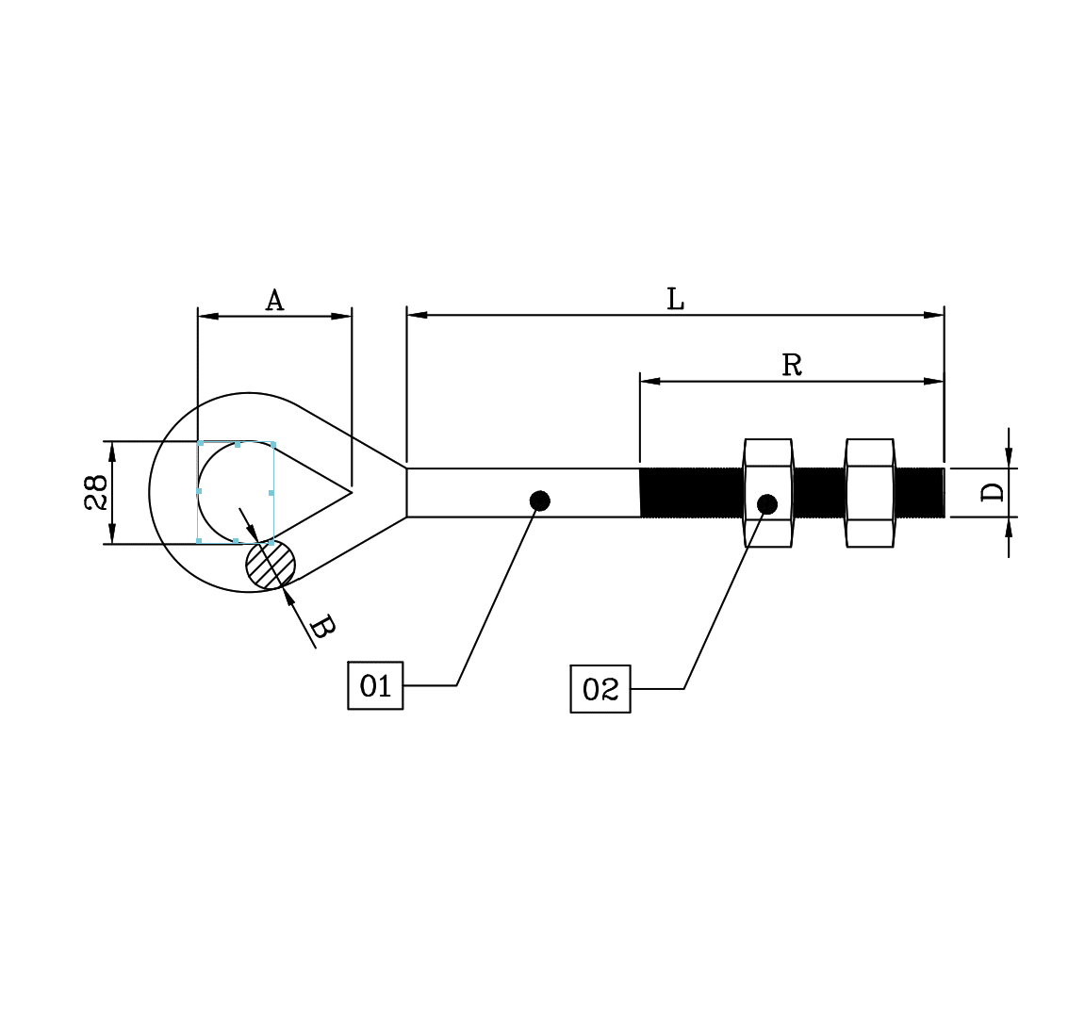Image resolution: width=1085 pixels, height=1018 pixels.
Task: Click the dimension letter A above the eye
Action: pos(273,301)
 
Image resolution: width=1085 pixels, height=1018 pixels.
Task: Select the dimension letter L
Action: pos(675,300)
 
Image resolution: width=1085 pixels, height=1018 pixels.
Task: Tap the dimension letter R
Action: pos(792,365)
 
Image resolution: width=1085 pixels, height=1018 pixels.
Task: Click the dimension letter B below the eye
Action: pos(321,626)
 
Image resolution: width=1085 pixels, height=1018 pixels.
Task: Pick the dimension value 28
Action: pos(96,492)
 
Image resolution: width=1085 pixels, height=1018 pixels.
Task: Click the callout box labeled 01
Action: pos(375,685)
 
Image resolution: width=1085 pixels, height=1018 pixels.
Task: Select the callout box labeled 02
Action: pos(600,689)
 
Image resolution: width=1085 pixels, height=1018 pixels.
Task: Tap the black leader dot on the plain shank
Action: pos(539,501)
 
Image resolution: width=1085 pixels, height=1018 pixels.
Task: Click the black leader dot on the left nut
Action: pos(767,504)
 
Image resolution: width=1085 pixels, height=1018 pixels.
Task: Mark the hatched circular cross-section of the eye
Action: pos(271,565)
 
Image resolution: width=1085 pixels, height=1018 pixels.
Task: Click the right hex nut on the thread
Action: pos(869,492)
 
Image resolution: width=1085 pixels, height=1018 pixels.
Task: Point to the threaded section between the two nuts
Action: pos(818,492)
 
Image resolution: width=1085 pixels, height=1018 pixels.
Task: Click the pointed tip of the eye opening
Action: pos(351,491)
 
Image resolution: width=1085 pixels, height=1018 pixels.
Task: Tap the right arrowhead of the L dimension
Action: pos(934,315)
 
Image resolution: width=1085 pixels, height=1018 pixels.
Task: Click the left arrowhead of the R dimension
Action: pos(649,382)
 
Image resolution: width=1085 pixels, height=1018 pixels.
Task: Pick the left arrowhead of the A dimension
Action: pos(207,316)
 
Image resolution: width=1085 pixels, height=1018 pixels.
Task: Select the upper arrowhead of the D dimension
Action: pos(1009,459)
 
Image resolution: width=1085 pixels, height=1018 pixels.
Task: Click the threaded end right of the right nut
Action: pos(919,492)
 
